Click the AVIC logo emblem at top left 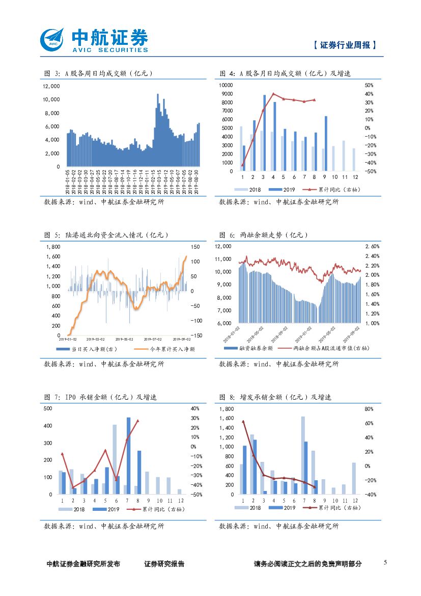pyautogui.click(x=53, y=40)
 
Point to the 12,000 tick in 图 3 pyautogui.click(x=50, y=86)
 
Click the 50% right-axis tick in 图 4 pyautogui.click(x=370, y=85)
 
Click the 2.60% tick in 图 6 pyautogui.click(x=373, y=246)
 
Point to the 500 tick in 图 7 pyautogui.click(x=48, y=409)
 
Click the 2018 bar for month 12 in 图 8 pyautogui.click(x=353, y=478)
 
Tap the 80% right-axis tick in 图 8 pyautogui.click(x=369, y=409)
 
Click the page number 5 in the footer pyautogui.click(x=385, y=562)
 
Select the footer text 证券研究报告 pyautogui.click(x=164, y=564)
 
